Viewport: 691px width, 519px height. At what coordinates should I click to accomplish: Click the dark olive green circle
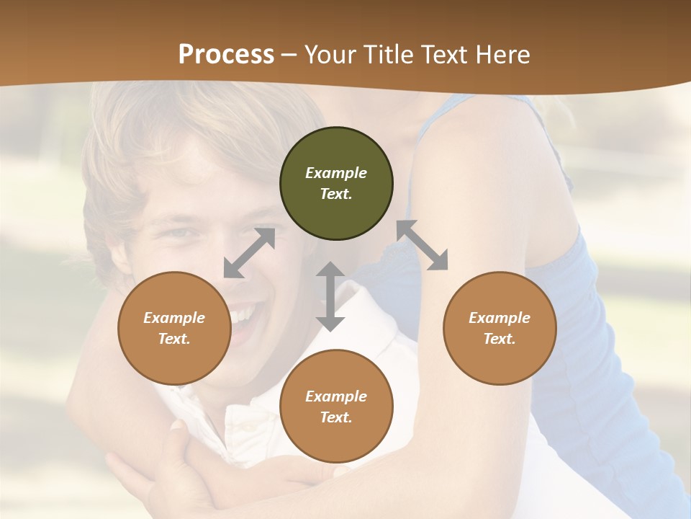[336, 184]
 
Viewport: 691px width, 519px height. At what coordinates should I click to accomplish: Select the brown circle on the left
[174, 328]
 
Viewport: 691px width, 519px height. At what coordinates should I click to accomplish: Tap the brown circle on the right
[500, 328]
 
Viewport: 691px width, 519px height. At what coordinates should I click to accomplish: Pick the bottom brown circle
[336, 407]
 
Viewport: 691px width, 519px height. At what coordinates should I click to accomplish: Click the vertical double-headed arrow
[330, 296]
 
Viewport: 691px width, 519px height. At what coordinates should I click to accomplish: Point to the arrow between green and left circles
[249, 253]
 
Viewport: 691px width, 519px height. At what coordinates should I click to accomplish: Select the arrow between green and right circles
[423, 245]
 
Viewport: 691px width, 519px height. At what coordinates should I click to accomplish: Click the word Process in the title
[226, 54]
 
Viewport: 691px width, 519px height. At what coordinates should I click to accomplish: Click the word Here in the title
[502, 54]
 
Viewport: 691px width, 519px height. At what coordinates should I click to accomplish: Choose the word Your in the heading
[333, 54]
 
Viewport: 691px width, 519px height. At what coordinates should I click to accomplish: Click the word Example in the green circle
[336, 173]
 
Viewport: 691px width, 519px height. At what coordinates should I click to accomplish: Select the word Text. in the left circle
[174, 339]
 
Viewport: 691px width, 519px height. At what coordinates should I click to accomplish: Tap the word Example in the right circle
[500, 318]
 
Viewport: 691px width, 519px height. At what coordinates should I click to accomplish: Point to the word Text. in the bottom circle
[336, 417]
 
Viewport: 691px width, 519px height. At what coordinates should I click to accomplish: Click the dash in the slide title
[289, 56]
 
